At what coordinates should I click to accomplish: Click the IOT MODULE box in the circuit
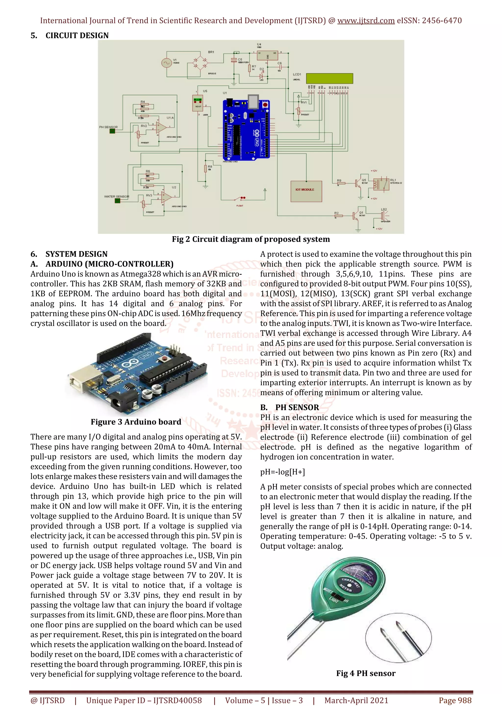(x=306, y=191)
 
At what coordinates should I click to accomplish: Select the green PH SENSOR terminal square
(x=112, y=131)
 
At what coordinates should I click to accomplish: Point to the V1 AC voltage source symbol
(x=166, y=63)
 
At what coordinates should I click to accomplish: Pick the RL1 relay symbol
(x=381, y=184)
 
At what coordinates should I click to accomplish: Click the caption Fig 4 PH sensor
(x=366, y=673)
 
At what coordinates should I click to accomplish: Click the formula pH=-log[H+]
(x=282, y=472)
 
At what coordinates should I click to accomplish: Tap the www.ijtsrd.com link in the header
(x=366, y=21)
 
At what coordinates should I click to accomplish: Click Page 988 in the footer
(x=455, y=700)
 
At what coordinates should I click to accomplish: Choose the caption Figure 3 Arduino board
(x=136, y=422)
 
